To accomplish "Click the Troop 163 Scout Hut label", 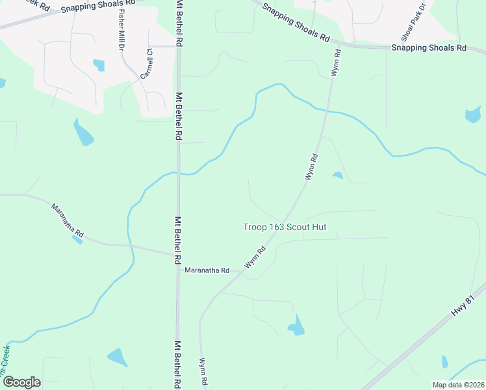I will pos(284,227).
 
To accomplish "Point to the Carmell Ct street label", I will pos(146,64).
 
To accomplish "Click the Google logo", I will pos(21,382).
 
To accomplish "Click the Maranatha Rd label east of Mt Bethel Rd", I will pos(207,270).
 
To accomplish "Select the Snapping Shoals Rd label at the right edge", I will pos(429,48).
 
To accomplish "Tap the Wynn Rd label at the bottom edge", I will pos(203,370).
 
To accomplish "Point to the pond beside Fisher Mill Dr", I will pos(99,65).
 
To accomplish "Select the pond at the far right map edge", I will pos(473,115).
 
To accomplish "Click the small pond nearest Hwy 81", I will pos(445,362).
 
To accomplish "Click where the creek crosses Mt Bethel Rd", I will pos(179,173).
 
